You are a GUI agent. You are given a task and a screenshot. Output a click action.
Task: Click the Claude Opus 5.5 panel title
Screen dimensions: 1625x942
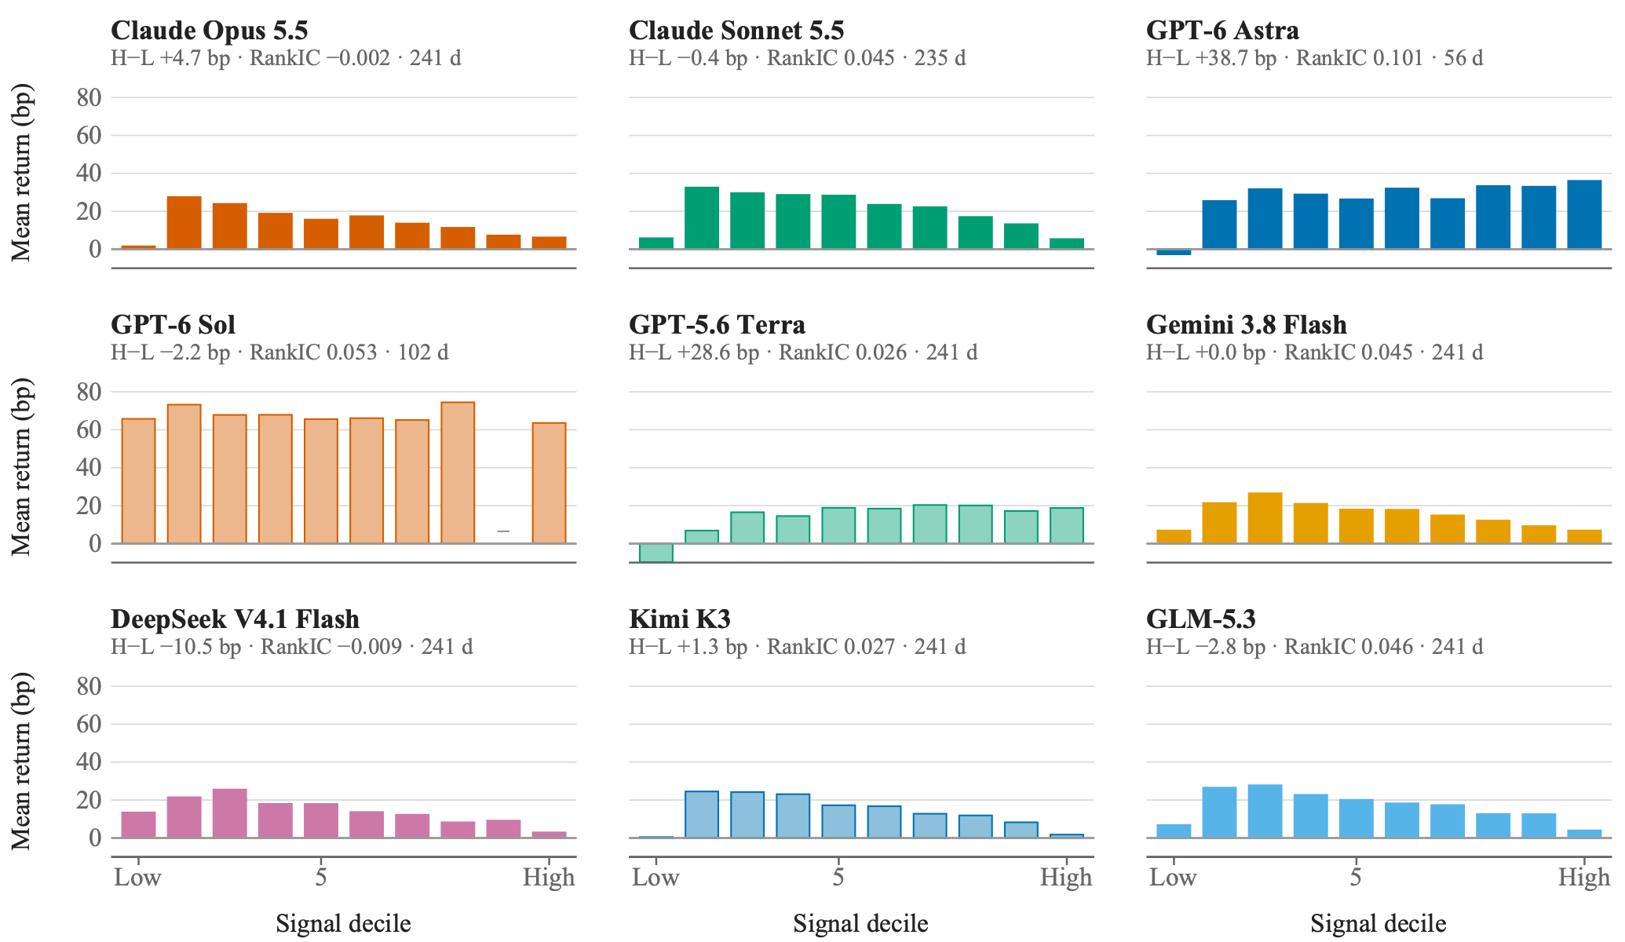[x=210, y=31]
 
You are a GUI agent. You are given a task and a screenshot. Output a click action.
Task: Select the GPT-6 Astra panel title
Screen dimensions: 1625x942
[x=1222, y=31]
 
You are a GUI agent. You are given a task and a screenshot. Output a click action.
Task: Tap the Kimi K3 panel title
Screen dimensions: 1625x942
[x=680, y=619]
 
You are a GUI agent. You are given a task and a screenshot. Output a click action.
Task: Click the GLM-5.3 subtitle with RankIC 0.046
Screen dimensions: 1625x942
[x=1315, y=647]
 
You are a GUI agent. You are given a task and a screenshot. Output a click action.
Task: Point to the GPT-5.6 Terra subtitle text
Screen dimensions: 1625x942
[x=803, y=352]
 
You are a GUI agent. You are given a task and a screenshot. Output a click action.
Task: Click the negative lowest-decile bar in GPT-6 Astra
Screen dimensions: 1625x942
[x=1174, y=252]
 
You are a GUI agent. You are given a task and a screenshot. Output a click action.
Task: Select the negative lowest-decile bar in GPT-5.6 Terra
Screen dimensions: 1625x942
[x=656, y=553]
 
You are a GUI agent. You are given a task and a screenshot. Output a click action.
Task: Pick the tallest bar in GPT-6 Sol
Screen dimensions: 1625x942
[x=458, y=473]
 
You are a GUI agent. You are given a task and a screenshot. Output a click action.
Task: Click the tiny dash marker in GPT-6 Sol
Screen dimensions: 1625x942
[x=503, y=531]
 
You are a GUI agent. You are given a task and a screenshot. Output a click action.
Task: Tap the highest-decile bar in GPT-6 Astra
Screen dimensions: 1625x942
[x=1584, y=214]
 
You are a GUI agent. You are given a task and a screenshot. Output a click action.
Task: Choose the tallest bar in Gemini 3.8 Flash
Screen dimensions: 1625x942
[x=1265, y=518]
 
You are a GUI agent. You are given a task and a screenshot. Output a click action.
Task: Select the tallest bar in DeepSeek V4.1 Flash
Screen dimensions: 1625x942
[x=230, y=813]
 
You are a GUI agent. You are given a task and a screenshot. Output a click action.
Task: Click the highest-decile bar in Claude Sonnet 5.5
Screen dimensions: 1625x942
[x=1067, y=243]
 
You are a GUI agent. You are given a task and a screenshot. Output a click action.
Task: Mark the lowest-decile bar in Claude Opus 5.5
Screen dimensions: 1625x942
[x=139, y=247]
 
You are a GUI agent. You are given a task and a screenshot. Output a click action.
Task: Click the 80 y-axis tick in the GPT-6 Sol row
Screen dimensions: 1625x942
[x=89, y=392]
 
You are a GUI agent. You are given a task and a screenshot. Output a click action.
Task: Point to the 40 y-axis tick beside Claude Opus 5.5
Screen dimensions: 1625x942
[x=89, y=173]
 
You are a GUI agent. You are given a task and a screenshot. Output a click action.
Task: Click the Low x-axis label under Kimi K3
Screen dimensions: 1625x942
[x=655, y=877]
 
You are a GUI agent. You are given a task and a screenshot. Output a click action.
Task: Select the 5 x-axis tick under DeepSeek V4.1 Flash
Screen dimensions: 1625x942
[x=321, y=877]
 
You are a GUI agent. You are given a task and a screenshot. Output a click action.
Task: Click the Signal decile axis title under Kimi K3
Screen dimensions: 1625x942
[x=860, y=923]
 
